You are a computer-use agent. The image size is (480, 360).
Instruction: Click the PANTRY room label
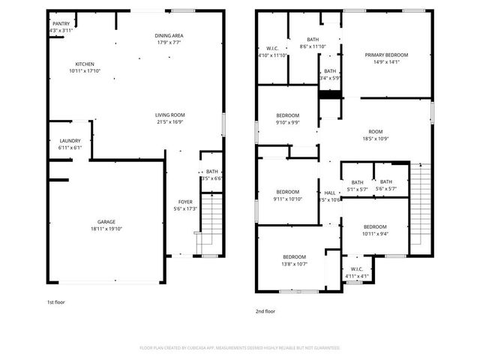[x=61, y=24]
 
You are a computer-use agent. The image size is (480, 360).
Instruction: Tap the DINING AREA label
[x=169, y=36]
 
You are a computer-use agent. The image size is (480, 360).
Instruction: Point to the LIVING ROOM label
[x=171, y=114]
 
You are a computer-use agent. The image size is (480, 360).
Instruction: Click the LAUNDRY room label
[x=70, y=140]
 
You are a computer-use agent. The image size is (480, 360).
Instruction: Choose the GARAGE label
[x=106, y=222]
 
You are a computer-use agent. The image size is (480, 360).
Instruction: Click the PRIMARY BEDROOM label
[x=386, y=55]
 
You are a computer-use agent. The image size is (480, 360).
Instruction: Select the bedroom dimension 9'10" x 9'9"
[x=288, y=122]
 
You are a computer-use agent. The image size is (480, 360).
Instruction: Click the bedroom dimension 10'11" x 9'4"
[x=375, y=233]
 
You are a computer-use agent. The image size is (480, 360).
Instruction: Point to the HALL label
[x=330, y=192]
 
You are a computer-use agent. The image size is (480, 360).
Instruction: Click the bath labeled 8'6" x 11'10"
[x=313, y=46]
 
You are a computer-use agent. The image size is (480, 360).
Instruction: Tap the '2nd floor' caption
[x=265, y=310]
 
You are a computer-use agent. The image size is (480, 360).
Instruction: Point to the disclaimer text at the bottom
[x=240, y=348]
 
